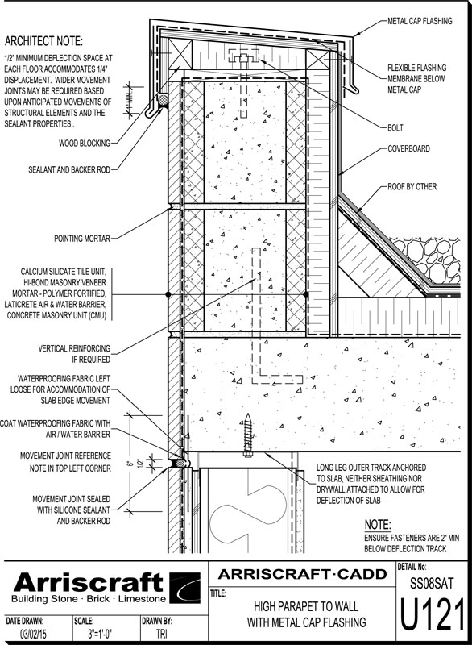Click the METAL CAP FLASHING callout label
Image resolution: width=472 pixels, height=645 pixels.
coord(420,21)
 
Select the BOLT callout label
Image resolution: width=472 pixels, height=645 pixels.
coord(395,128)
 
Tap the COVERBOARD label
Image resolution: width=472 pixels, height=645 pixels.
coord(408,148)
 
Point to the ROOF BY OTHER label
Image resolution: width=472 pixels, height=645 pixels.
coord(412,187)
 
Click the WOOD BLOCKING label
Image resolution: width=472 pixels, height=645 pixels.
coord(85,144)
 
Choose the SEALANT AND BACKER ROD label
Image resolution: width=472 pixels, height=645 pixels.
coord(69,169)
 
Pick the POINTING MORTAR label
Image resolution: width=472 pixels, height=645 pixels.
coord(82,238)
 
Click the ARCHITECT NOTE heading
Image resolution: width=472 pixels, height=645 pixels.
coord(43,41)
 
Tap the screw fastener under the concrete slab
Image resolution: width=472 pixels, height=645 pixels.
coord(247,435)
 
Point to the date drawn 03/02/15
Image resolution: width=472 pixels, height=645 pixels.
coord(33,634)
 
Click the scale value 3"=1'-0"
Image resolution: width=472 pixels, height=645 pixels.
coord(100,634)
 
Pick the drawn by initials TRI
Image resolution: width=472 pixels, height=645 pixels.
coord(161,634)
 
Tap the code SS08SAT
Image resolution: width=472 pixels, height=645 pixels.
coord(433,583)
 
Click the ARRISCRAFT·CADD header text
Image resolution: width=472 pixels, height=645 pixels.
coord(302,574)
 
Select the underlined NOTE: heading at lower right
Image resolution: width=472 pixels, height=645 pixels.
coord(378,525)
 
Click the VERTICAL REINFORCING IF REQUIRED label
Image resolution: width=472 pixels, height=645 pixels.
coord(74,354)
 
